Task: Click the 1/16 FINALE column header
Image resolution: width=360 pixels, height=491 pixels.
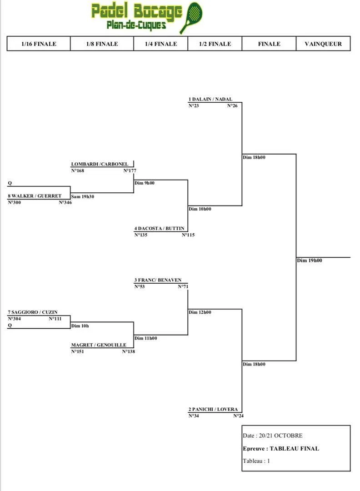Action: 39,44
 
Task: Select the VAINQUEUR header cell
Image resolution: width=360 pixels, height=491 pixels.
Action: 323,44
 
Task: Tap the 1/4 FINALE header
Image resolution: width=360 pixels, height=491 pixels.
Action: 160,44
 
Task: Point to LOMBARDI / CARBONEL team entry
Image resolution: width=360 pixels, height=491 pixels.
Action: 100,164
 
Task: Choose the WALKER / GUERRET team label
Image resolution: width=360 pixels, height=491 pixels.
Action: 35,196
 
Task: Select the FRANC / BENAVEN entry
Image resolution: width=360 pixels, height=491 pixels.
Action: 154,281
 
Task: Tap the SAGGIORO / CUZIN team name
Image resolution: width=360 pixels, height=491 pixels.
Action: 33,312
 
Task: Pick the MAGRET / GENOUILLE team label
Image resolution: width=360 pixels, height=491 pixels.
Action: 99,345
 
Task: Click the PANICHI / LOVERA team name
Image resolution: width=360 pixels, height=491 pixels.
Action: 213,409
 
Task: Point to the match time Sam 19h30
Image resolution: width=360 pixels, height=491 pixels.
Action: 82,197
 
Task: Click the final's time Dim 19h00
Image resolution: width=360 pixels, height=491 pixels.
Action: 310,261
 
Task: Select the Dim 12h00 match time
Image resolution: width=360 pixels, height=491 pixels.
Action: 200,312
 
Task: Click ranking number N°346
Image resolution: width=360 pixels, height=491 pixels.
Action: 65,202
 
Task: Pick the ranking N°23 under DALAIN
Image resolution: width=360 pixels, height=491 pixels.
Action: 194,106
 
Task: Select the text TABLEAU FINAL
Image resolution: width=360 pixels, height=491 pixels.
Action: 294,449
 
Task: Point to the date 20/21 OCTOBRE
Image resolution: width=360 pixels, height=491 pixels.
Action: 279,436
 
